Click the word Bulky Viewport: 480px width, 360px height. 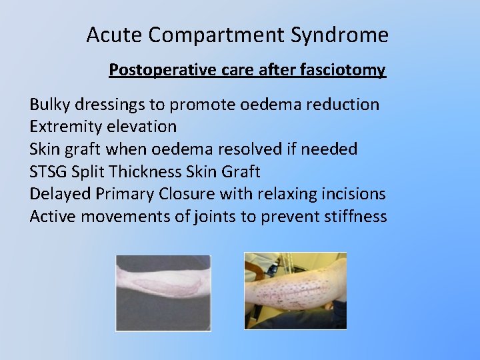pyautogui.click(x=49, y=105)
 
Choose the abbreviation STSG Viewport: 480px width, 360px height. pyautogui.click(x=47, y=172)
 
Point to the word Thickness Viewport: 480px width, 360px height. pyautogui.click(x=148, y=172)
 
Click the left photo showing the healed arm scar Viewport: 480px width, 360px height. pyautogui.click(x=163, y=293)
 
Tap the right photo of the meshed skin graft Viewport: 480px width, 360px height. pyautogui.click(x=295, y=291)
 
